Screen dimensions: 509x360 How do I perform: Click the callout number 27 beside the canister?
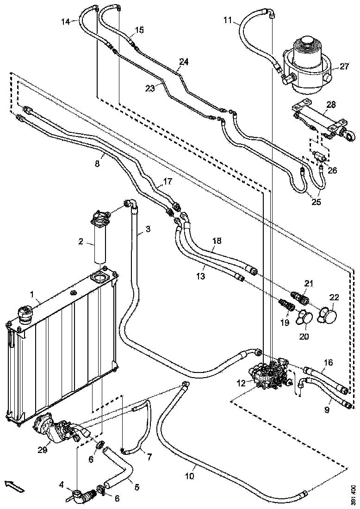point(344,67)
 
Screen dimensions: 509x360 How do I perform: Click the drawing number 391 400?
point(353,495)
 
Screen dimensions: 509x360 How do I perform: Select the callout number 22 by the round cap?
point(334,297)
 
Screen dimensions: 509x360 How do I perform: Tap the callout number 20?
point(304,336)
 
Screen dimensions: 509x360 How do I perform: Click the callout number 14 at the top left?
point(66,21)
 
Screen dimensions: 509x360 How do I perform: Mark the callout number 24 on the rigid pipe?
point(184,62)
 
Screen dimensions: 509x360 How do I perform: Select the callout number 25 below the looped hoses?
point(316,202)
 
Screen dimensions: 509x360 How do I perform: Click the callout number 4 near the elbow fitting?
point(62,485)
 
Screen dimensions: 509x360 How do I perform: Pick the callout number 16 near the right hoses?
point(328,362)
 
